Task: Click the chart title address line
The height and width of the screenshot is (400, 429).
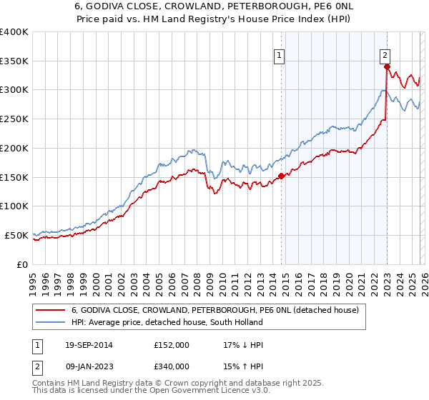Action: click(214, 6)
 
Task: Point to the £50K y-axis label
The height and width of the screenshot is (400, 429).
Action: click(16, 235)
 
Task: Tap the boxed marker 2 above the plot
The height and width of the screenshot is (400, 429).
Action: click(385, 54)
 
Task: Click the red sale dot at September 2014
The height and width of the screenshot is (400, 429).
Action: click(281, 176)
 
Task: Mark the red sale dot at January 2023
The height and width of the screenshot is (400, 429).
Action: click(387, 67)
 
